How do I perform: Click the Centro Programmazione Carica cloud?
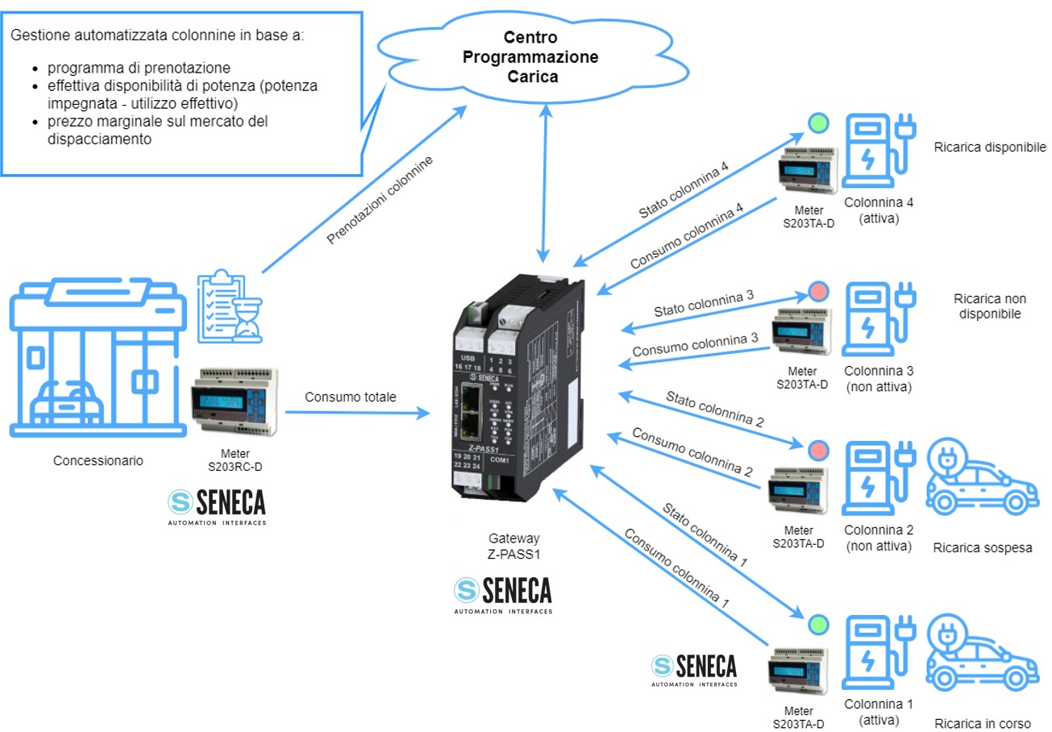pyautogui.click(x=551, y=57)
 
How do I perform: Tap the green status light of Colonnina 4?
pyautogui.click(x=818, y=123)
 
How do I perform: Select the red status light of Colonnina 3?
pyautogui.click(x=818, y=291)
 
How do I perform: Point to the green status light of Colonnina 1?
pyautogui.click(x=818, y=624)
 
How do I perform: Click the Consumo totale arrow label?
pyautogui.click(x=351, y=397)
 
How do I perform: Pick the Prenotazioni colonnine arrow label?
pyautogui.click(x=380, y=201)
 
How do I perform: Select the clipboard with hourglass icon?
pyautogui.click(x=231, y=306)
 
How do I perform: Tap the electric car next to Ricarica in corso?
pyautogui.click(x=981, y=653)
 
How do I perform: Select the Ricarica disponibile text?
pyautogui.click(x=990, y=148)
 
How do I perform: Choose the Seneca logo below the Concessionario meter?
pyautogui.click(x=216, y=505)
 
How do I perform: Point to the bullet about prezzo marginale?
pyautogui.click(x=157, y=130)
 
